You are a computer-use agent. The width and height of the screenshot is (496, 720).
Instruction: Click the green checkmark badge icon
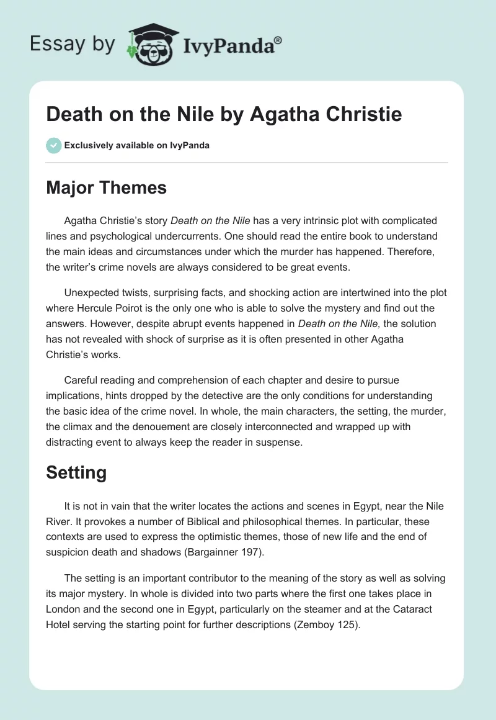[54, 145]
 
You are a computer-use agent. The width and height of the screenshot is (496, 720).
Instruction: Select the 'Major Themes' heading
[106, 187]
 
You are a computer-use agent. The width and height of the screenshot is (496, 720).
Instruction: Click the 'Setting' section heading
[76, 473]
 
